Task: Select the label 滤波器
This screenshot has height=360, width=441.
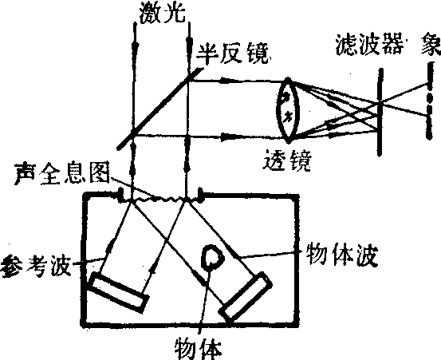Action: [x=368, y=45]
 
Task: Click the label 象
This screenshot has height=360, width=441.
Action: [x=431, y=45]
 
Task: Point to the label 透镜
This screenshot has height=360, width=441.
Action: [x=287, y=161]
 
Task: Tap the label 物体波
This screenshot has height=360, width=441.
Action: [x=341, y=255]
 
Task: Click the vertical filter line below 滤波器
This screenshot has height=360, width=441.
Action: [x=380, y=112]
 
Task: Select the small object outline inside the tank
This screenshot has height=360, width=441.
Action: [x=213, y=257]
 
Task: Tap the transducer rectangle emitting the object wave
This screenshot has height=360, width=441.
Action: [x=246, y=296]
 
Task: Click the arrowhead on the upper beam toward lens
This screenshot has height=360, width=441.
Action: [x=224, y=81]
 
